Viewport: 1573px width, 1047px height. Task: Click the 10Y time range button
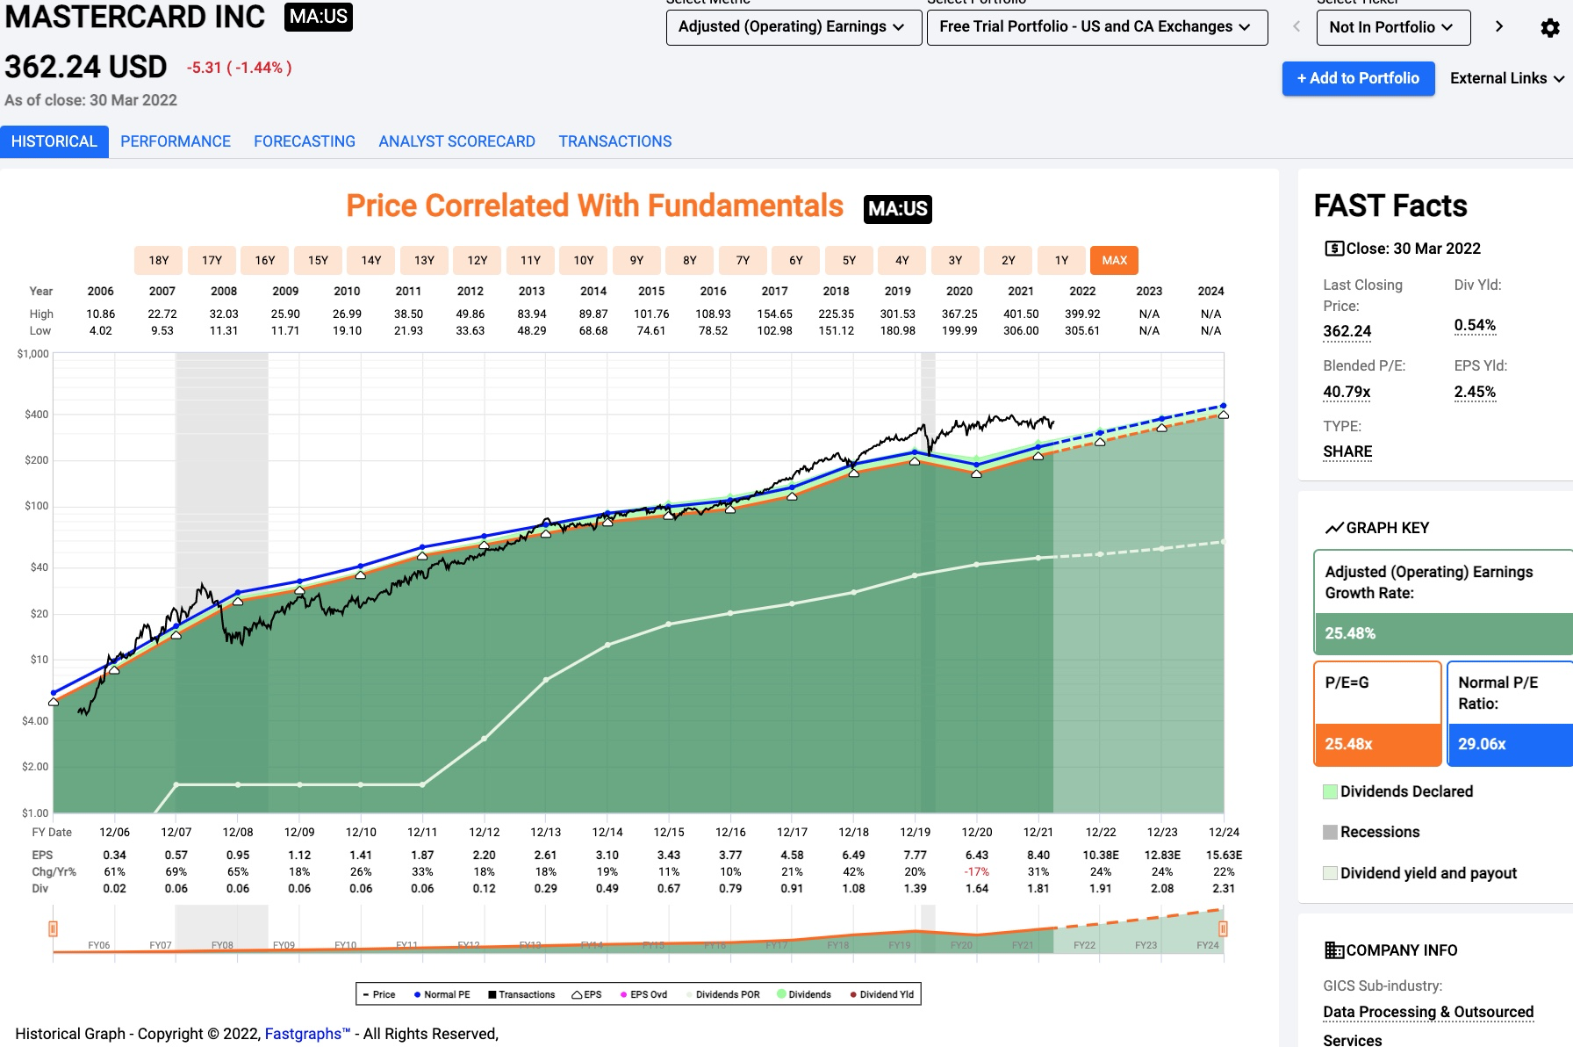(x=584, y=260)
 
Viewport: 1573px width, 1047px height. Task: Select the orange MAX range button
(x=1114, y=260)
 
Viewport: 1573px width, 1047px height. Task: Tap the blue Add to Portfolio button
(x=1358, y=78)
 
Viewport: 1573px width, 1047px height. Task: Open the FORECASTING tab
(x=305, y=141)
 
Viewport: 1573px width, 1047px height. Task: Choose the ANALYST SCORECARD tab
(x=456, y=141)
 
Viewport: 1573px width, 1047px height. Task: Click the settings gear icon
(x=1550, y=28)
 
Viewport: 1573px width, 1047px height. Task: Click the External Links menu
(x=1506, y=78)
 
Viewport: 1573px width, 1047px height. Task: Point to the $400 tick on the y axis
(x=36, y=415)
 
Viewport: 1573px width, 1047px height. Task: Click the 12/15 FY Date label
(x=669, y=832)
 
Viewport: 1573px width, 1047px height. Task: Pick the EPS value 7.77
(x=915, y=855)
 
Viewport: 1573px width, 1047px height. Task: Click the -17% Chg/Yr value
(x=976, y=871)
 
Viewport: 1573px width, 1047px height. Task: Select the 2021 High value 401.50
(x=1021, y=314)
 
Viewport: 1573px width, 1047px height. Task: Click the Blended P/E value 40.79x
(x=1347, y=392)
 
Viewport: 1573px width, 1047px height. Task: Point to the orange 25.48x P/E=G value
(x=1348, y=744)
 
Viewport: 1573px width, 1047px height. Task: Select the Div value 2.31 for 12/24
(x=1224, y=888)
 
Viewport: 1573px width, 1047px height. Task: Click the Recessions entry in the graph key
(x=1379, y=832)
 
